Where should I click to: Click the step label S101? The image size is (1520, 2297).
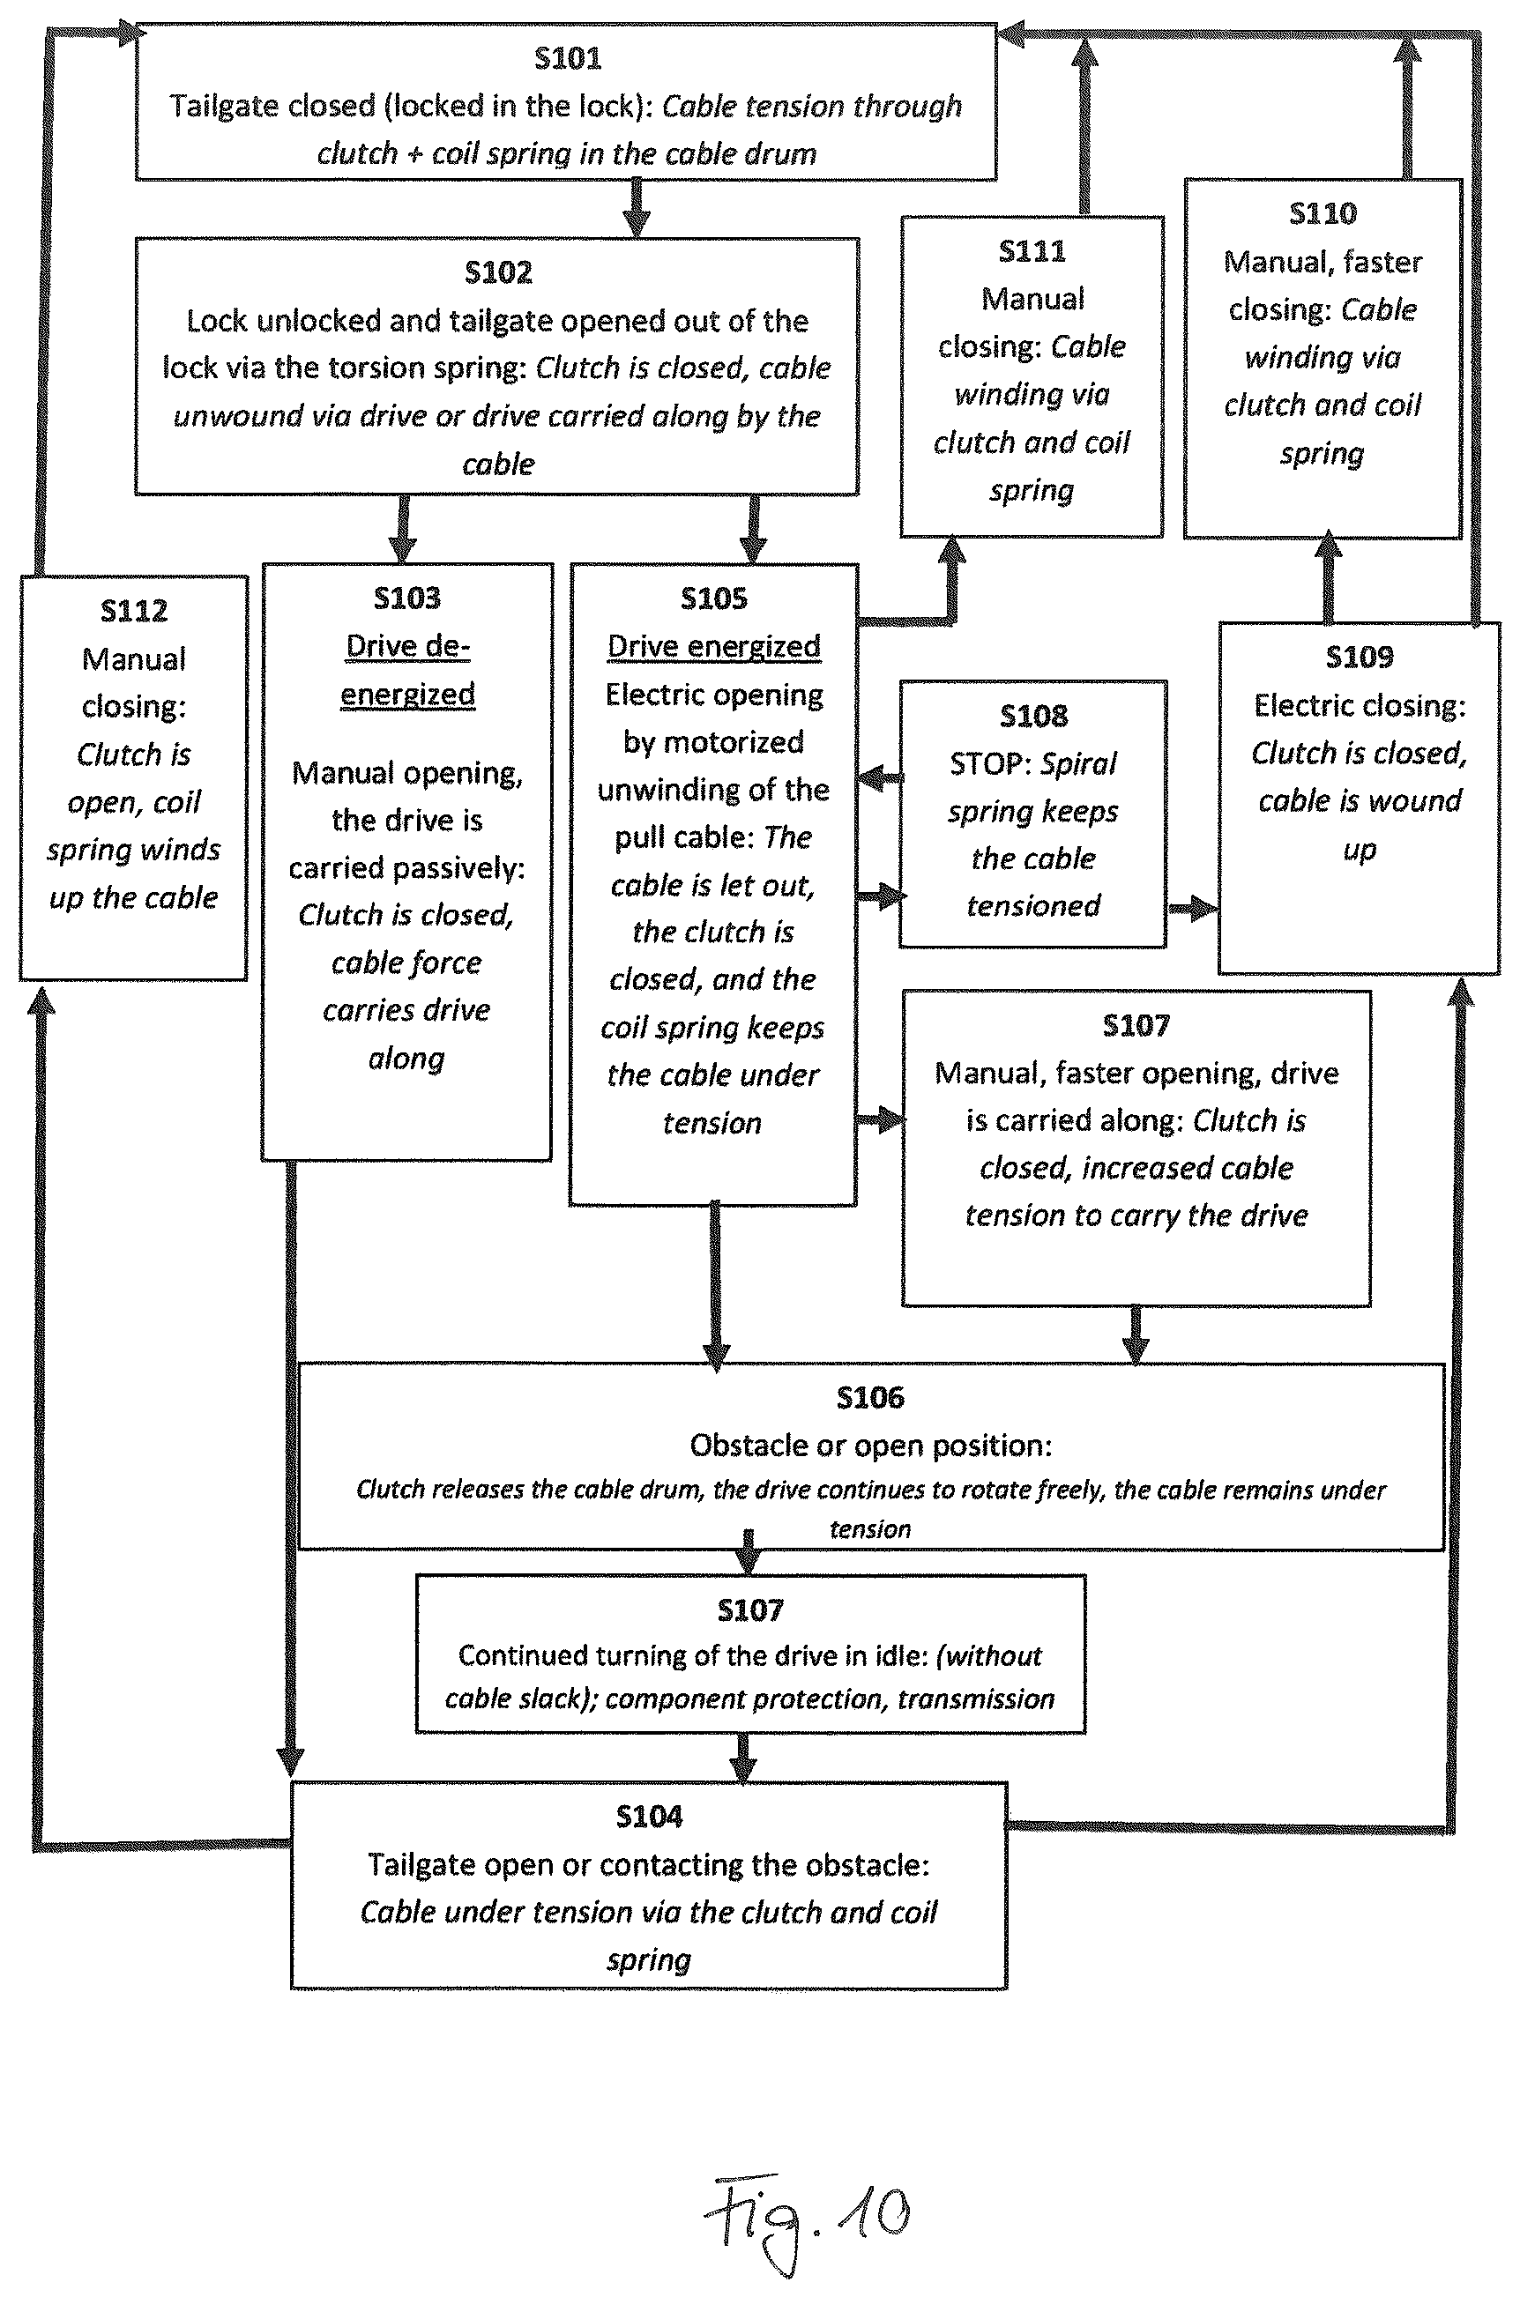(x=568, y=58)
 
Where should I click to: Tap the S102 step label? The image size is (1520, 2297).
(x=498, y=272)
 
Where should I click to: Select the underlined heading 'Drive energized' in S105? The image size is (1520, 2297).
(x=713, y=646)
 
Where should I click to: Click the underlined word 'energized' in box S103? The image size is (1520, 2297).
(x=407, y=695)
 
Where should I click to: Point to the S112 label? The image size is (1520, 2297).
(x=134, y=611)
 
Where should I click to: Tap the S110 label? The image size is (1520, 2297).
(x=1323, y=213)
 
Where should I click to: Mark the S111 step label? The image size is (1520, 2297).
(x=1032, y=251)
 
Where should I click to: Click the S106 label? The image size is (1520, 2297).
(x=870, y=1398)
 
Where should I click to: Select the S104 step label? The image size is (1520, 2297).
(x=650, y=1817)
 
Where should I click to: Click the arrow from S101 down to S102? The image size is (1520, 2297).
(x=636, y=208)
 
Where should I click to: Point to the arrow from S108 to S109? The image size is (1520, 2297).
(x=1192, y=908)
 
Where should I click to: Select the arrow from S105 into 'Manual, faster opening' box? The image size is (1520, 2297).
(x=880, y=1121)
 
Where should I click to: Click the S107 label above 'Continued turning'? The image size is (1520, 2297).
(x=750, y=1609)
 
